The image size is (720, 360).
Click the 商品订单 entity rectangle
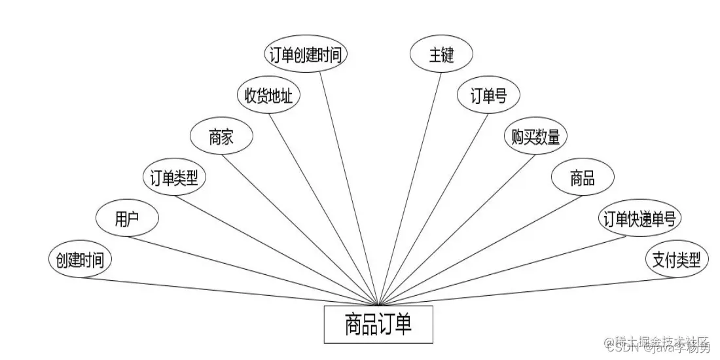pyautogui.click(x=378, y=325)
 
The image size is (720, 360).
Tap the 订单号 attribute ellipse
pyautogui.click(x=488, y=96)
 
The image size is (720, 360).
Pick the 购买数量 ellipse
pyautogui.click(x=535, y=137)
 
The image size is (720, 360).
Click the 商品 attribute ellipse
pyautogui.click(x=583, y=178)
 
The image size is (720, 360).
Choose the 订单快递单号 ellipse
pyautogui.click(x=639, y=219)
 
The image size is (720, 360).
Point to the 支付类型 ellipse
pyautogui.click(x=676, y=259)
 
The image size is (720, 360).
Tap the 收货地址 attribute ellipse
pyautogui.click(x=268, y=96)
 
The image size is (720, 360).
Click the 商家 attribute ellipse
pyautogui.click(x=221, y=137)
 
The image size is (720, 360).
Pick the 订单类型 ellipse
pyautogui.click(x=174, y=178)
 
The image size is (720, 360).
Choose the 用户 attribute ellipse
pyautogui.click(x=127, y=219)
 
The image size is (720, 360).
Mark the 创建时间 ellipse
pyautogui.click(x=80, y=259)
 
